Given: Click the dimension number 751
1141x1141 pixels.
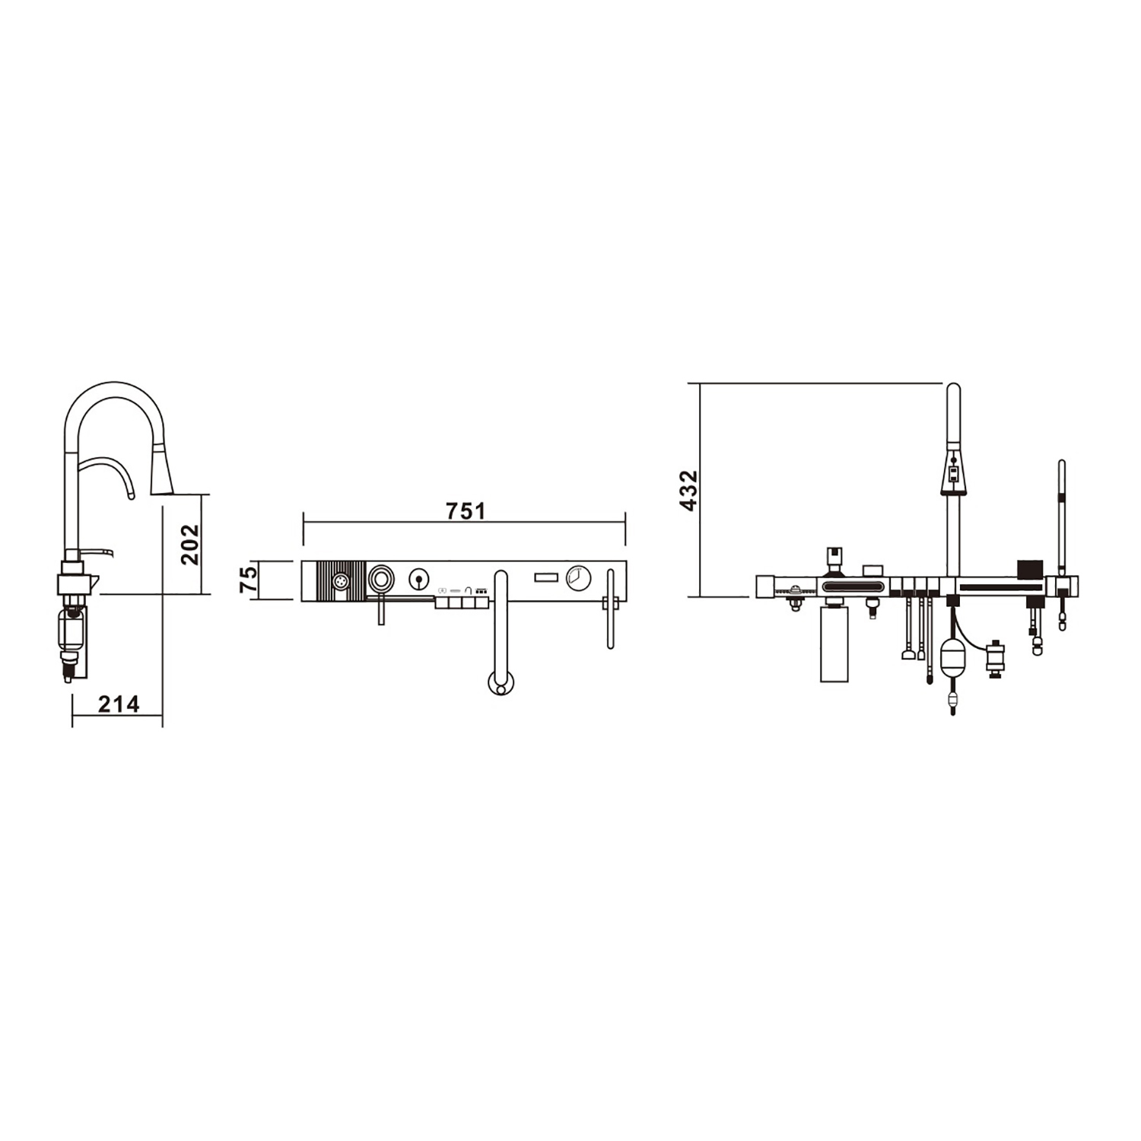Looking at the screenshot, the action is [x=466, y=510].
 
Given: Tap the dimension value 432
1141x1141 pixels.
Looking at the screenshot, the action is [x=688, y=491].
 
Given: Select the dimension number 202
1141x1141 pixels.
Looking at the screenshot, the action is [x=189, y=544].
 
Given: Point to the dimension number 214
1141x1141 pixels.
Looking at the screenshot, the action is [x=119, y=704].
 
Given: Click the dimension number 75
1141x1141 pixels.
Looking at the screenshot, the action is [x=248, y=580].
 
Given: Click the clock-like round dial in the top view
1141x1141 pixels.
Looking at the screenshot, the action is [x=578, y=578].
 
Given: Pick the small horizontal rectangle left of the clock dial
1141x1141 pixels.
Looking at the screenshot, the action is [x=546, y=578].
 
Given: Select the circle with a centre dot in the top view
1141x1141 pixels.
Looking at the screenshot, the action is [x=418, y=580].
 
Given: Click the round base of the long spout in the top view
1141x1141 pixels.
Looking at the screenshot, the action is [x=500, y=682].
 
